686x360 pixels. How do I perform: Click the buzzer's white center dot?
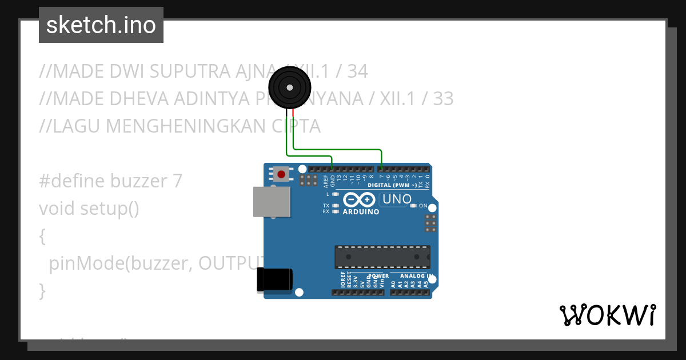pos(290,87)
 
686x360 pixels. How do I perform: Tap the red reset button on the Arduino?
pos(281,174)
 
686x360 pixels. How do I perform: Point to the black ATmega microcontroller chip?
pos(382,257)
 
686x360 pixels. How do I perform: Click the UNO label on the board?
pos(397,199)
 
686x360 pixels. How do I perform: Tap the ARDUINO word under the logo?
pos(361,212)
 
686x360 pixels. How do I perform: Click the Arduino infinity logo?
pos(360,199)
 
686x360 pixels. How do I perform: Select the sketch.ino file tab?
pos(101,25)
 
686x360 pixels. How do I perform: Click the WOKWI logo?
pos(607,315)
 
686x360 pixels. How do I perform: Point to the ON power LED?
pos(415,206)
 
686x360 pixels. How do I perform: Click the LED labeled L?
pos(336,195)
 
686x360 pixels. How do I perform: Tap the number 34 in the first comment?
pos(357,71)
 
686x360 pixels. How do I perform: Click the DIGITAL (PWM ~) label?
pos(392,185)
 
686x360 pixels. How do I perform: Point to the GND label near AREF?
pos(333,182)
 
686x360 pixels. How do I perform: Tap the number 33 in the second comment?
pos(443,99)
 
